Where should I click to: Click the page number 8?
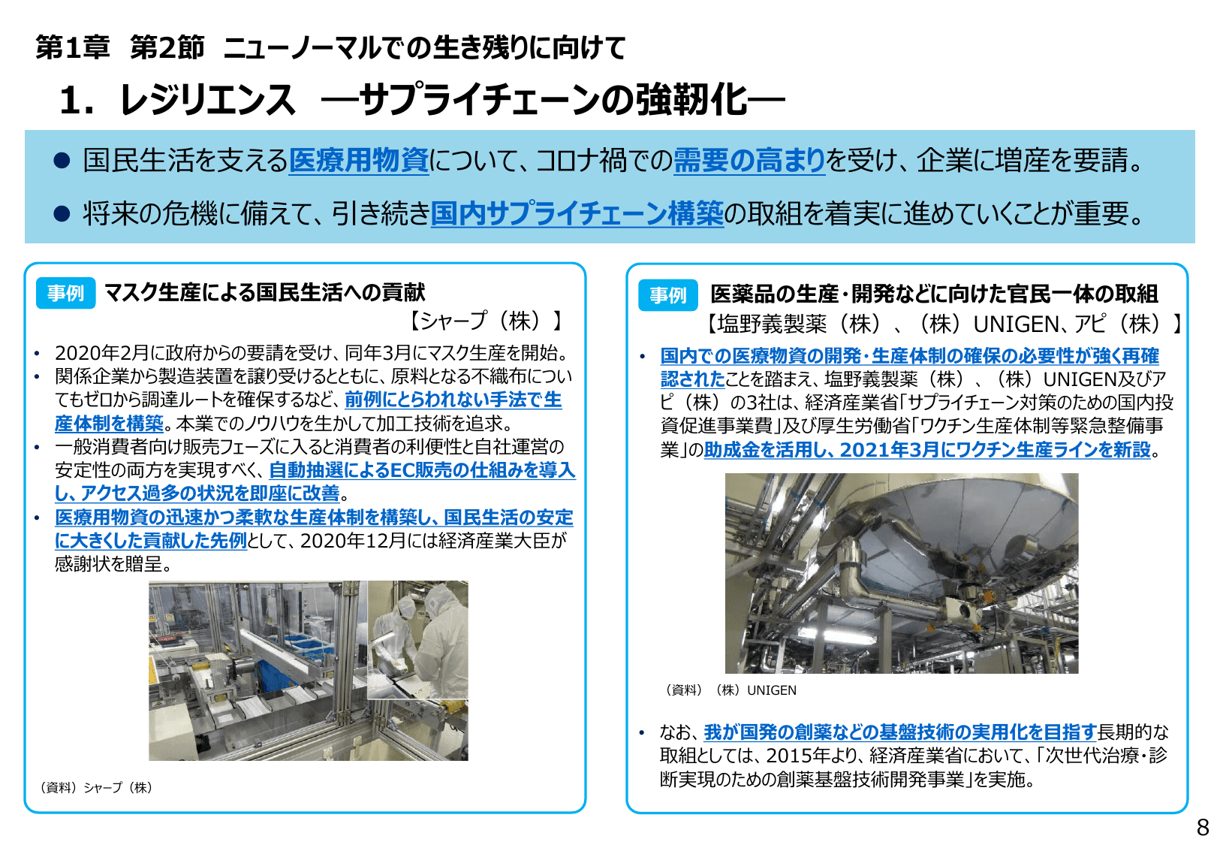(1202, 827)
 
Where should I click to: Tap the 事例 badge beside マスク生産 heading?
(65, 293)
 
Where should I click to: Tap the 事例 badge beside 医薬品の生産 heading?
(667, 294)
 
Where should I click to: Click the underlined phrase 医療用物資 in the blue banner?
(358, 160)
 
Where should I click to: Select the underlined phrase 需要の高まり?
(749, 160)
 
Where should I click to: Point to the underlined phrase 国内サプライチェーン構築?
(577, 214)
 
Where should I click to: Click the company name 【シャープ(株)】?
(486, 321)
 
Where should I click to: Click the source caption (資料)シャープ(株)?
(96, 787)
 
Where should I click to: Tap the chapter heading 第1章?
(72, 48)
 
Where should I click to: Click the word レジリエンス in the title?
(207, 100)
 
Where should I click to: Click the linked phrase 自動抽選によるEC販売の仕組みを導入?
(421, 470)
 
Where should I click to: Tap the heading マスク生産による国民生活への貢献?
(264, 292)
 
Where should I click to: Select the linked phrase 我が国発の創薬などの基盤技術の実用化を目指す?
(899, 732)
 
